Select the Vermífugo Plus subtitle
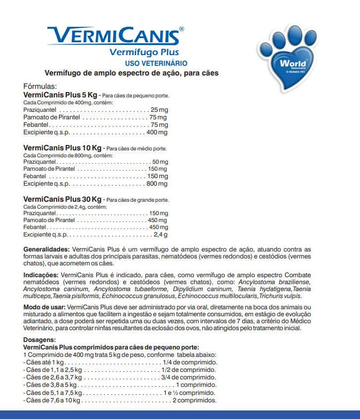click(x=144, y=52)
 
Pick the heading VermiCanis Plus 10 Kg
click(x=62, y=148)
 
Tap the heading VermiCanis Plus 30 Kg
click(x=62, y=200)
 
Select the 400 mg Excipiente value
click(x=157, y=132)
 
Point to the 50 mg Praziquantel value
click(x=160, y=162)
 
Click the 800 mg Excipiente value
click(x=157, y=184)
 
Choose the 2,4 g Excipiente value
click(x=160, y=234)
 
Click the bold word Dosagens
click(x=39, y=340)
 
